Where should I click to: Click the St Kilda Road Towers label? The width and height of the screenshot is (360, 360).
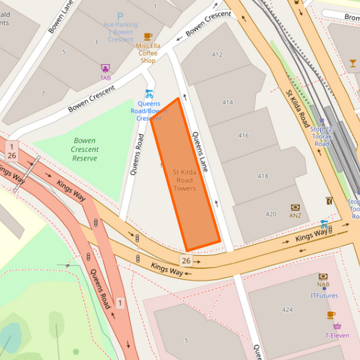[184, 180]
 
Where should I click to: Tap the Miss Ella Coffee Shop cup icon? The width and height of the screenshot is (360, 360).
[148, 36]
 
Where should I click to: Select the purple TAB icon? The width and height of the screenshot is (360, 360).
[105, 68]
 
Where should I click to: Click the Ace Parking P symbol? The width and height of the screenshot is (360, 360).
[120, 16]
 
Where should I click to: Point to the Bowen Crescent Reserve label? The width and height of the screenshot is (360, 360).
[85, 149]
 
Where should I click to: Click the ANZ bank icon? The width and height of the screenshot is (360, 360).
[295, 207]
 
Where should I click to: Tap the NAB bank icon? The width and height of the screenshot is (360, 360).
[324, 277]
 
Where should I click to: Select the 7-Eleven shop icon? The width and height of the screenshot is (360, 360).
[337, 326]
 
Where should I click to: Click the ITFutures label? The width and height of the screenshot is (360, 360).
[324, 295]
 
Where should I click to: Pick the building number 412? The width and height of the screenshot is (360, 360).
[217, 55]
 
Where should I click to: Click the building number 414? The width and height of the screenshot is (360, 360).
[227, 103]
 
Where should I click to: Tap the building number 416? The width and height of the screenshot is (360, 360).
[243, 136]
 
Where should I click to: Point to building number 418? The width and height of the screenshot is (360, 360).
[263, 176]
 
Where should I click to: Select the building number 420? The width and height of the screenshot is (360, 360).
[271, 214]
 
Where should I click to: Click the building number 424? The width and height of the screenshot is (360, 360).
[288, 310]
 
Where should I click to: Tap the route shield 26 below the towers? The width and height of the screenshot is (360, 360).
[186, 260]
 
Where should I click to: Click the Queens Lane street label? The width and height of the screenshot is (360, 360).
[201, 152]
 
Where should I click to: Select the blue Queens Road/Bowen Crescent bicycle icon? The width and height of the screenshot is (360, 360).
[149, 93]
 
